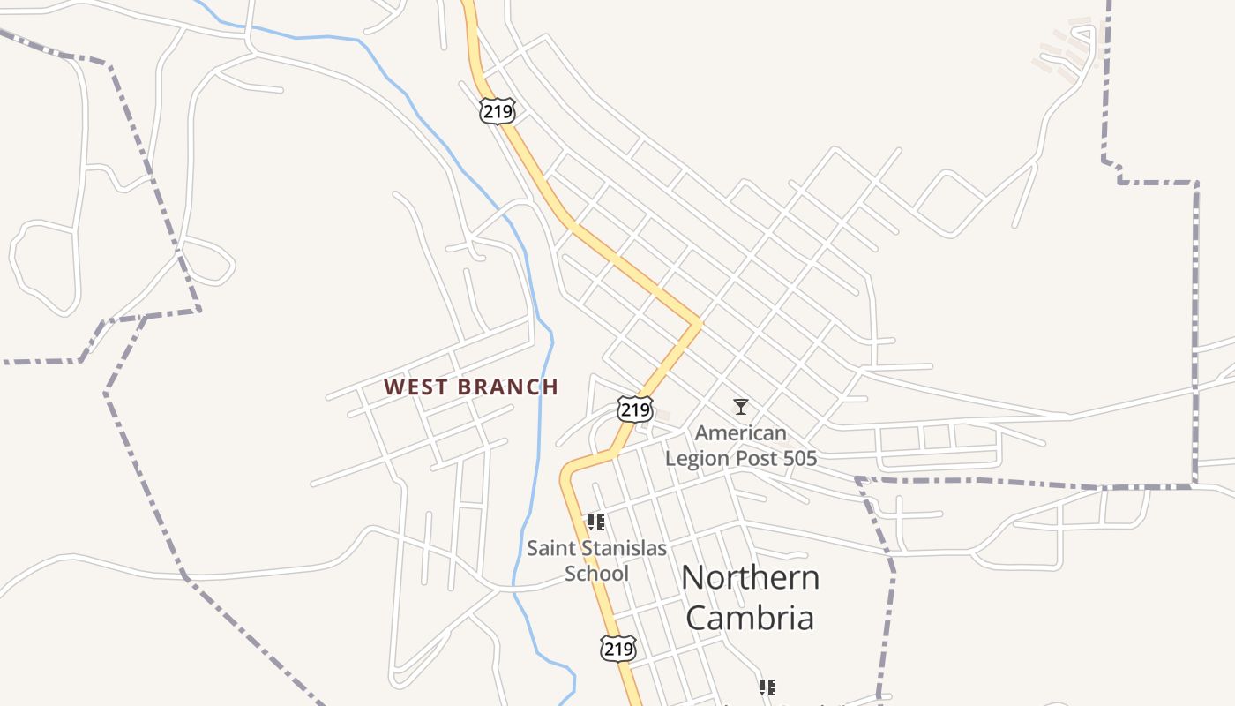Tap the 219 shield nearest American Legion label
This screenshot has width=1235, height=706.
635,409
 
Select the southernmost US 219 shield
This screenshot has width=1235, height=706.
617,649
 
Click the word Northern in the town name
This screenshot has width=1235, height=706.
750,578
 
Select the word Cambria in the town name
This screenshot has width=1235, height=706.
750,618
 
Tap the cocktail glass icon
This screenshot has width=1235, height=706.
741,406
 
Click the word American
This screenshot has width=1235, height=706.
740,433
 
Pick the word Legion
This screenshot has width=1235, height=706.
699,459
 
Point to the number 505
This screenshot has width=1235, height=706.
799,459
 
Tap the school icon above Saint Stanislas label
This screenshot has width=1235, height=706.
596,522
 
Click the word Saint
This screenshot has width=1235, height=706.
551,548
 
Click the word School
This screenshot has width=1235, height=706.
596,574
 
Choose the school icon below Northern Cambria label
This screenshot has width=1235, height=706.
767,687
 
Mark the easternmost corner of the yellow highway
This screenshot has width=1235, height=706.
699,323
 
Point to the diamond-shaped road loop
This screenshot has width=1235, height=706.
949,203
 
